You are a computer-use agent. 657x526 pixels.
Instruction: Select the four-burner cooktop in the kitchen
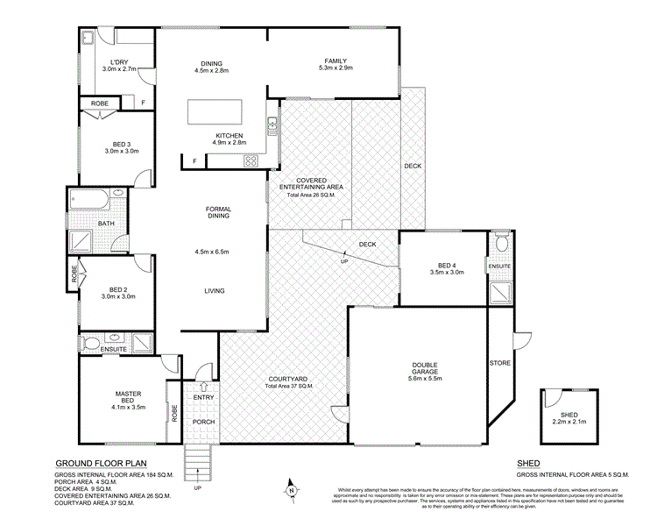click(253, 160)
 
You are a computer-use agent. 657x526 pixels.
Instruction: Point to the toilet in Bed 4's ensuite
click(501, 242)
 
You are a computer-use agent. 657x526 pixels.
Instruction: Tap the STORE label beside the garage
click(498, 361)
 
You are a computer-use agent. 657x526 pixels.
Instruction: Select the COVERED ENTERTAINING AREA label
click(311, 186)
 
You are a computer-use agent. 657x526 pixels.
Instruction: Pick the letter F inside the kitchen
click(194, 160)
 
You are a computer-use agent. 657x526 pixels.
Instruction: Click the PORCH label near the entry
click(203, 422)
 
